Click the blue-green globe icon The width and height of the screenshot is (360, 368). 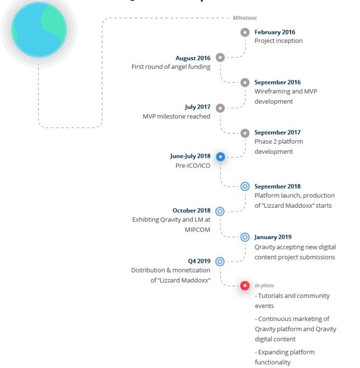click(39, 30)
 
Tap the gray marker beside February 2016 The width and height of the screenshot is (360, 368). click(245, 32)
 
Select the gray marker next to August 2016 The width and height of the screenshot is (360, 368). click(220, 57)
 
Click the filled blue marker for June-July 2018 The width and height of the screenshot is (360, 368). click(220, 157)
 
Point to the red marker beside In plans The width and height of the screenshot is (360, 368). click(245, 286)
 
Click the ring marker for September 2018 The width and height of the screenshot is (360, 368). click(245, 187)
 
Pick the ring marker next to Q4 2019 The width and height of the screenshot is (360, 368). click(220, 261)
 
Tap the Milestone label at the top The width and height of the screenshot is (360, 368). click(245, 18)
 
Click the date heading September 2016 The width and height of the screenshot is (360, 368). click(278, 82)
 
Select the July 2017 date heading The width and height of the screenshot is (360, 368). click(198, 107)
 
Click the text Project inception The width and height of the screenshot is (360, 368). click(279, 41)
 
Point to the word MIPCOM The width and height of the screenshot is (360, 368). click(197, 230)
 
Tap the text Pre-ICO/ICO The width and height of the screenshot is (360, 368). click(193, 166)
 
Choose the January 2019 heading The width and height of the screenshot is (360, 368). click(273, 237)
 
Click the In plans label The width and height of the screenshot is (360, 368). click(264, 286)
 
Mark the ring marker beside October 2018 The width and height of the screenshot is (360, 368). click(220, 211)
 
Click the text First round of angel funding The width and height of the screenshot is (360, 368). click(171, 67)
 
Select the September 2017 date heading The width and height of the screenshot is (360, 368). click(278, 132)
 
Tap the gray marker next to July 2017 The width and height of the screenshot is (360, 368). click(220, 108)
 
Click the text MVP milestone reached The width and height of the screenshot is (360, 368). click(176, 116)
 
